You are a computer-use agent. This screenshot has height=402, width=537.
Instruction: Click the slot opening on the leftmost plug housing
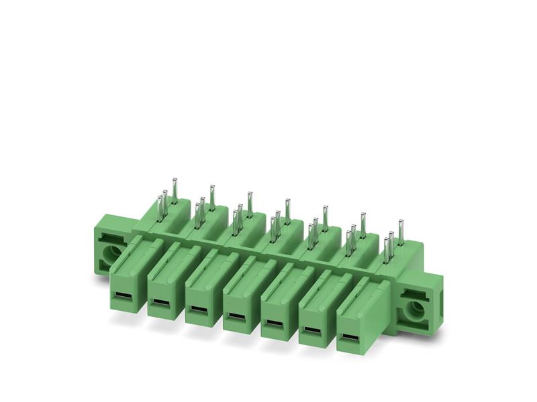click(123, 296)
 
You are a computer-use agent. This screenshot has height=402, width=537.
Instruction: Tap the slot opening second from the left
click(160, 303)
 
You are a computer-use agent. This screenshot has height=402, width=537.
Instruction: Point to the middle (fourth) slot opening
click(236, 316)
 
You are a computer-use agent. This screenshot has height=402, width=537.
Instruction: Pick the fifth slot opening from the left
click(273, 323)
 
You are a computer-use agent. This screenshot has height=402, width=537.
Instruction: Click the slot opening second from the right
click(311, 330)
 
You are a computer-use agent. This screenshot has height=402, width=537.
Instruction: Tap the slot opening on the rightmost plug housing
click(348, 336)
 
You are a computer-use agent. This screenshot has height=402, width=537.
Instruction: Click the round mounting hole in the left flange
click(109, 253)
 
